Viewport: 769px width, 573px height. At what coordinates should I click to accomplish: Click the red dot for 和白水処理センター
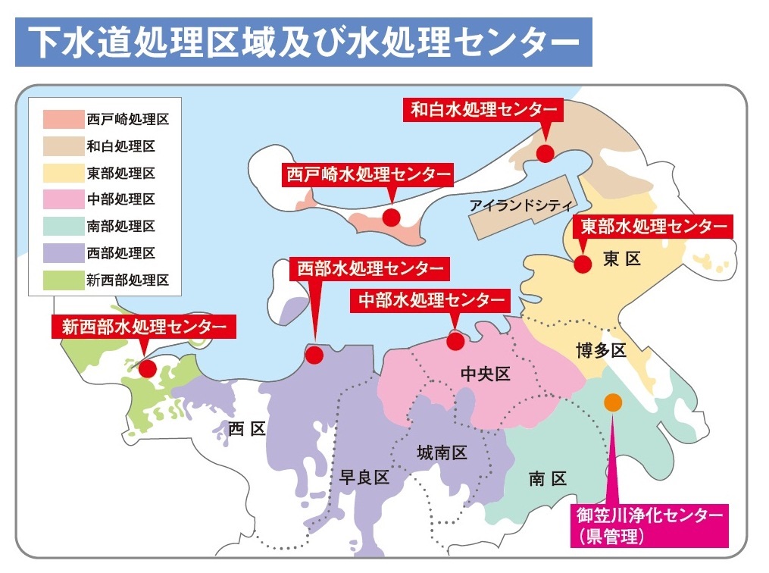(545, 153)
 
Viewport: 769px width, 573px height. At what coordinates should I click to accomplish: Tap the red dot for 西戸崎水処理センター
(391, 218)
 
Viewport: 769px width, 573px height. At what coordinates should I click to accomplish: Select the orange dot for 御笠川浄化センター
(613, 402)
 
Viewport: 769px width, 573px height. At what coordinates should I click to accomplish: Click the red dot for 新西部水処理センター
(148, 369)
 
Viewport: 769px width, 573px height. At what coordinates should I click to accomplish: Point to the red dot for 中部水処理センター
(455, 342)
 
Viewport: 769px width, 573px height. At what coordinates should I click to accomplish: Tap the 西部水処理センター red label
(370, 269)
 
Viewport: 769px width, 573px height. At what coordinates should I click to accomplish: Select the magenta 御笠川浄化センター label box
(650, 525)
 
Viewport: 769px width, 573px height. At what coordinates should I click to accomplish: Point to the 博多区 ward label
(600, 351)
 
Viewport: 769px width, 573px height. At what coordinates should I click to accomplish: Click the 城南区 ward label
(442, 453)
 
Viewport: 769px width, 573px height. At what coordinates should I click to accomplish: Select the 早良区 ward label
(364, 477)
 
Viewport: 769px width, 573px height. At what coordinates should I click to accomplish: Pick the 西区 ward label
(247, 429)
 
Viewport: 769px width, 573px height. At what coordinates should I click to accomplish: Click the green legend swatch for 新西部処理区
(61, 280)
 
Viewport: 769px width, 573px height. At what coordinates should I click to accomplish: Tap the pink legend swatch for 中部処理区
(61, 199)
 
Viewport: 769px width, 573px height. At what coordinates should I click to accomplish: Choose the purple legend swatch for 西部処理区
(61, 253)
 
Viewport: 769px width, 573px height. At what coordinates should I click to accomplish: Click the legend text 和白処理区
(121, 146)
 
